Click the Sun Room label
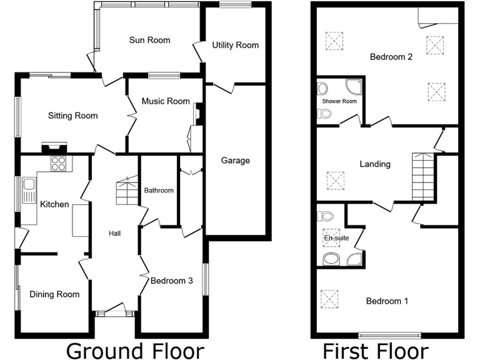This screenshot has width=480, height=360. (x=149, y=41)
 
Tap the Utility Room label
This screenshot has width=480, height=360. (x=235, y=45)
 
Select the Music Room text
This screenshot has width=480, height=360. (x=165, y=101)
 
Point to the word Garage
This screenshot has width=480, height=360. (x=235, y=161)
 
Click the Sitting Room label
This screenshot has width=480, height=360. (x=73, y=116)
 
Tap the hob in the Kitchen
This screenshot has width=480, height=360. (x=59, y=164)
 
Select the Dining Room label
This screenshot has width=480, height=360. (x=54, y=294)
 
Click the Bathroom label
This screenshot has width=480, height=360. (x=159, y=191)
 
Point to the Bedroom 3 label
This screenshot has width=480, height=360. (x=171, y=281)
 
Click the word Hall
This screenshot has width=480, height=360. (x=114, y=234)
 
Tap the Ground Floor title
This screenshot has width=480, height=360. (x=134, y=350)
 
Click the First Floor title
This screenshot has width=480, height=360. (x=375, y=350)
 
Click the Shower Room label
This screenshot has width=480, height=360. (x=339, y=101)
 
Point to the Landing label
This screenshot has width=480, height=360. (x=375, y=164)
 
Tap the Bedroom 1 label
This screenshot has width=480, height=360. (x=387, y=301)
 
